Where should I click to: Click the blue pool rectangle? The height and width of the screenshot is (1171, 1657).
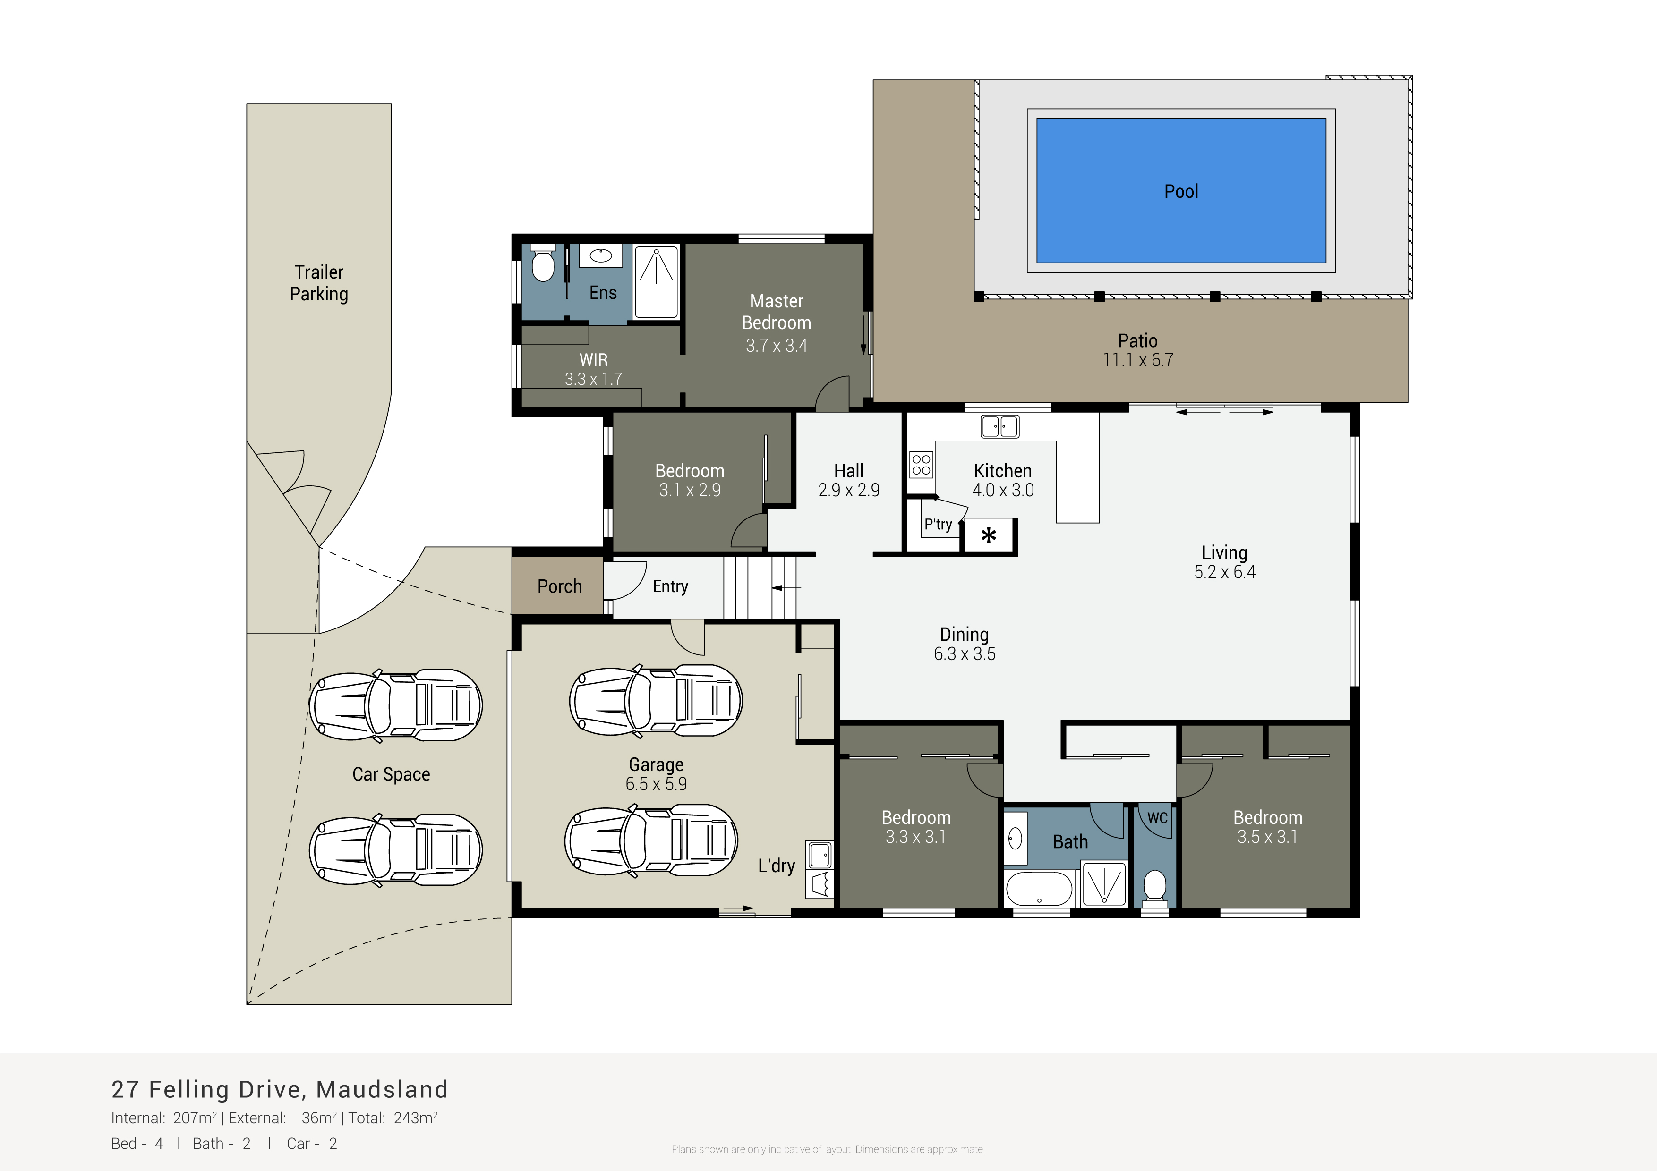[1181, 190]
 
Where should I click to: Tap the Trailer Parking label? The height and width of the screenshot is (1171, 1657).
[319, 283]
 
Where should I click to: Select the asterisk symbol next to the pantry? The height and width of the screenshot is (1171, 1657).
[989, 535]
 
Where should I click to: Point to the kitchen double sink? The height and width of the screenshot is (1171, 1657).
[999, 426]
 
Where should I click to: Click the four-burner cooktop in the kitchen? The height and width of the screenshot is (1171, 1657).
[921, 465]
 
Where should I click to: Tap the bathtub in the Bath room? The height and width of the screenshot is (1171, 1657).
[1039, 889]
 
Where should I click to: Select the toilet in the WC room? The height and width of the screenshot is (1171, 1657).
[1155, 886]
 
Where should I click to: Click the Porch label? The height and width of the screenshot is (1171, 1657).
[559, 586]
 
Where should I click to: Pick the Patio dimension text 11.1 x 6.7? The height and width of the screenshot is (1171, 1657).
[1138, 360]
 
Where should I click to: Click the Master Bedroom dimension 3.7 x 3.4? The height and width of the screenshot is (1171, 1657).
[777, 346]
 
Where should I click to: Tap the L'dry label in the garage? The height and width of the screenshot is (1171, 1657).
[777, 866]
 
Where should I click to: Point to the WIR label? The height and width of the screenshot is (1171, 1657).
[593, 359]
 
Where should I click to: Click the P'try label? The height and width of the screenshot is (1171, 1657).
[938, 525]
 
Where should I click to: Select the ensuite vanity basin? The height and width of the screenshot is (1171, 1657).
[600, 255]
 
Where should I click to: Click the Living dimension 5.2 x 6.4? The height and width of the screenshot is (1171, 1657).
[1225, 572]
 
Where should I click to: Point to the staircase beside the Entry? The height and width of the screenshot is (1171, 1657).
[760, 587]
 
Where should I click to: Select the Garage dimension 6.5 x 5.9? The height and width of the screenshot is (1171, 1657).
[656, 783]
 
